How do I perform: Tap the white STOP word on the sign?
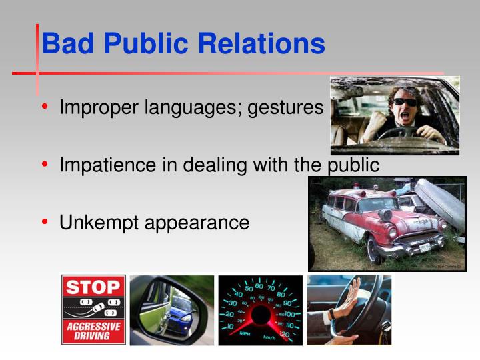point(93,288)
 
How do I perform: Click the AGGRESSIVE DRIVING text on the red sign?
point(93,331)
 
